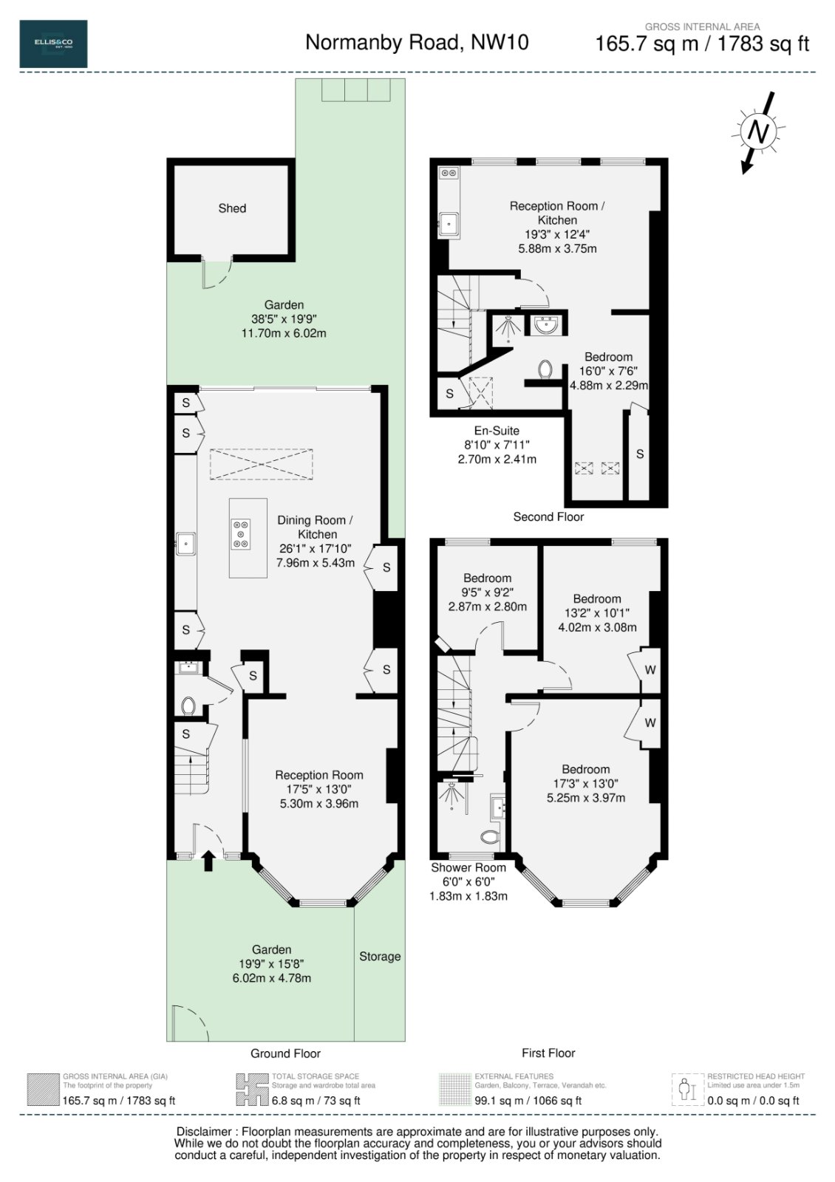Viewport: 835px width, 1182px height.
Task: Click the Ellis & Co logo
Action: tap(53, 44)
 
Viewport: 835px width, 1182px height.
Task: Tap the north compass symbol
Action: tap(757, 131)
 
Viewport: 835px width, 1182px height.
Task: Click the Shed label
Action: tap(232, 208)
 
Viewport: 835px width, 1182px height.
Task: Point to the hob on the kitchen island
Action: tap(241, 534)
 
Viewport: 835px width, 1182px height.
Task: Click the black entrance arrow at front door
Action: tap(208, 858)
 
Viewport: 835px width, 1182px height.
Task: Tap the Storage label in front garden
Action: tap(380, 956)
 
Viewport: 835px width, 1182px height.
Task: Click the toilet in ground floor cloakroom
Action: tap(187, 706)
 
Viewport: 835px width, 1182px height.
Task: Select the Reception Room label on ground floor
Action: tap(319, 775)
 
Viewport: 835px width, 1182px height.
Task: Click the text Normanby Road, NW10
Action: tap(417, 43)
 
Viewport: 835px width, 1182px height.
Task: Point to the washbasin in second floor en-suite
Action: tap(546, 324)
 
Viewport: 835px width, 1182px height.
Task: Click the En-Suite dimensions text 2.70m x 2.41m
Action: tap(497, 459)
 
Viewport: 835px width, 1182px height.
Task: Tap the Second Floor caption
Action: tap(548, 517)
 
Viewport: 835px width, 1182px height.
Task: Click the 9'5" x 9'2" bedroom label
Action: tap(487, 592)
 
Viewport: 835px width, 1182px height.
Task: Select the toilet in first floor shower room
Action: tap(489, 837)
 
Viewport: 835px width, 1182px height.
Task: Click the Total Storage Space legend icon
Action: tap(250, 1090)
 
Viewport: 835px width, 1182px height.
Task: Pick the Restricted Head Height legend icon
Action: tap(687, 1090)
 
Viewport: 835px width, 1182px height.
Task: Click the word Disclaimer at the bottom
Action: tap(202, 1132)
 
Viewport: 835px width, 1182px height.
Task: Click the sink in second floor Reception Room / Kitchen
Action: tap(449, 222)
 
